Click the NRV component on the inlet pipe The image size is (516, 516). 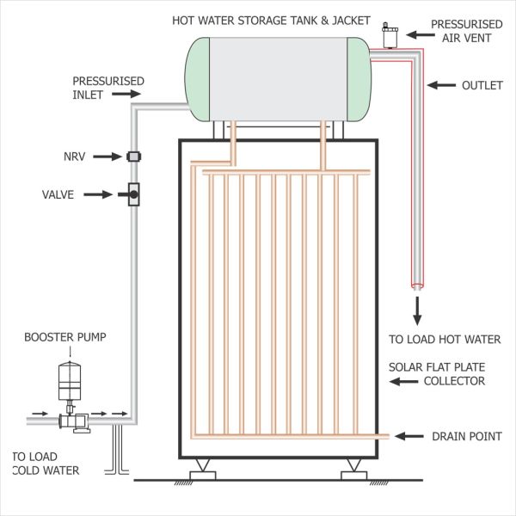134,156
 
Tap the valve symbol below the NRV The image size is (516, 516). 134,195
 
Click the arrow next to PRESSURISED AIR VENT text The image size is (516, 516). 418,34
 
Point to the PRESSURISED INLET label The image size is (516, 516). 108,88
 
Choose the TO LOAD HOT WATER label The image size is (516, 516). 445,339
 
